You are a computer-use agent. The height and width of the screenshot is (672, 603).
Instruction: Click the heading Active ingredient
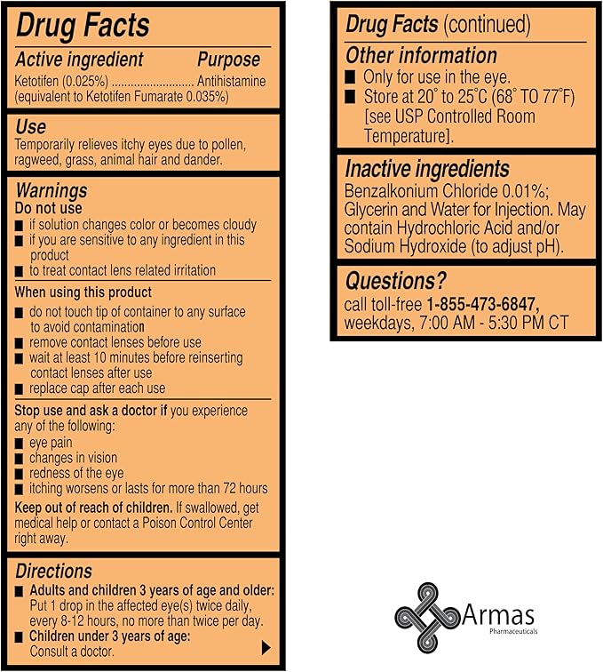tap(80, 60)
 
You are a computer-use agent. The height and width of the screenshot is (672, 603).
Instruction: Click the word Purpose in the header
tap(228, 60)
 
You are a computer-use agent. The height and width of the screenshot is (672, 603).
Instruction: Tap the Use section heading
tap(31, 127)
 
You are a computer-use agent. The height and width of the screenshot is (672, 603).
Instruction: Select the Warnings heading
tap(52, 190)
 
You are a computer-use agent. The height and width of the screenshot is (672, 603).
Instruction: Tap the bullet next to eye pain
tap(20, 443)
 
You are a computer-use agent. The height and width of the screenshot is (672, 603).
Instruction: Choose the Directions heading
tap(54, 571)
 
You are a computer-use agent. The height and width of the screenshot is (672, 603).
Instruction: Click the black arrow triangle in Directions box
tap(266, 646)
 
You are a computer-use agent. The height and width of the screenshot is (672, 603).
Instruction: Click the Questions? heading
tap(396, 282)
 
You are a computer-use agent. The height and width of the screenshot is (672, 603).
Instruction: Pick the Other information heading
tap(421, 55)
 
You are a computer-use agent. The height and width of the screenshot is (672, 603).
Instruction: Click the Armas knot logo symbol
tap(426, 616)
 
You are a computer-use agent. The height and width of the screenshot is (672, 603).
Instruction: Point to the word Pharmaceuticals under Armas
tap(523, 632)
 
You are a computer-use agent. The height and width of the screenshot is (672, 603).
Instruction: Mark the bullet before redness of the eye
tap(20, 474)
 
